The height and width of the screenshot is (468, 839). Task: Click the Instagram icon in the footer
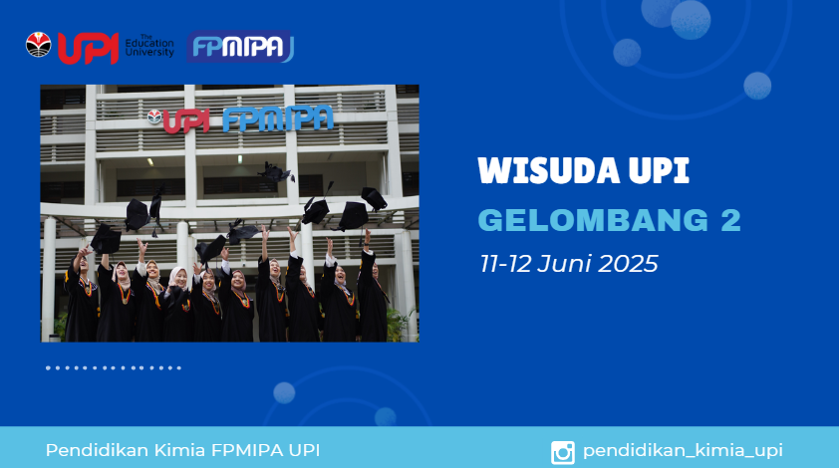(563, 452)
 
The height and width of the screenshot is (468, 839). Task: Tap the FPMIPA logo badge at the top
(240, 47)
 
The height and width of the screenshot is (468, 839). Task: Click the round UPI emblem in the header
(39, 45)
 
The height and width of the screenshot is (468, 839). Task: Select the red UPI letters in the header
(88, 48)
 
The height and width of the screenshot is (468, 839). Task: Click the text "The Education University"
(149, 46)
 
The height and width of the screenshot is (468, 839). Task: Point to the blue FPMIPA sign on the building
(278, 118)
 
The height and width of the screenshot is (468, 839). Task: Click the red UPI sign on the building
(185, 121)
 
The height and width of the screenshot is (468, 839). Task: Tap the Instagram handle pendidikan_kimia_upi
(683, 451)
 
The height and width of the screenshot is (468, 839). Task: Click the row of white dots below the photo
(114, 368)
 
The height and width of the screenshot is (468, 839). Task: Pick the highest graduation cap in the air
(276, 172)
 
